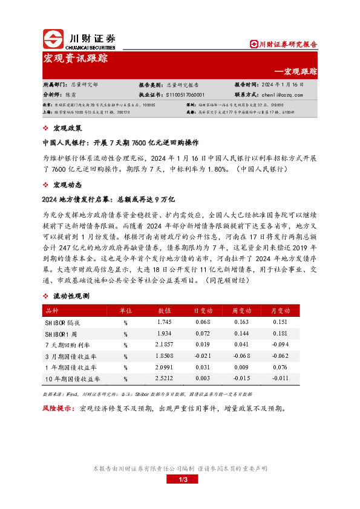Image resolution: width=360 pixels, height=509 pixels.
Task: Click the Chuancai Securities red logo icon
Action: click(53, 39)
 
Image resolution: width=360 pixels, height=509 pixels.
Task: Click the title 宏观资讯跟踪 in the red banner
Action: click(76, 59)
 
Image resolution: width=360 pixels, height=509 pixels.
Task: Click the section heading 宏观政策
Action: click(67, 128)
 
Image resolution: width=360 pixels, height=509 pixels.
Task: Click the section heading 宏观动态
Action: click(67, 185)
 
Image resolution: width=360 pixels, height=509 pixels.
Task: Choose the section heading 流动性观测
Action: click(71, 296)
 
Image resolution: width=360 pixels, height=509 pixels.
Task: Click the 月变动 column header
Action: click(280, 310)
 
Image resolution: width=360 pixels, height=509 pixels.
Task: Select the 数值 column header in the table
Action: click(165, 310)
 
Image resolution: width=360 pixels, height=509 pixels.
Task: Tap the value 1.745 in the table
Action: click(165, 322)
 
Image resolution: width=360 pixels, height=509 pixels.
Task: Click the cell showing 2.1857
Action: click(165, 344)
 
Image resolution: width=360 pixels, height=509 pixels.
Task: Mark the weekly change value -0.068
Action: click(242, 355)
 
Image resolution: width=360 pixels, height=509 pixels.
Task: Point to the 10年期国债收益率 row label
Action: click(73, 378)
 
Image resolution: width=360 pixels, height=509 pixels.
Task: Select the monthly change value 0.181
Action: click(280, 333)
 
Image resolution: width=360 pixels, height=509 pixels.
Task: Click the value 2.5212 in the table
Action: click(165, 378)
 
